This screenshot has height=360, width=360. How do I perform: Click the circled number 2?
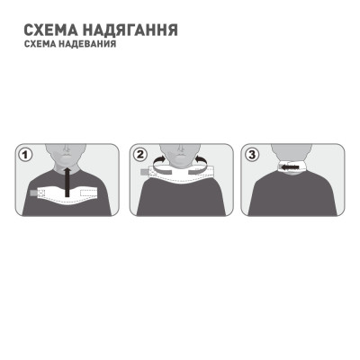click(139, 154)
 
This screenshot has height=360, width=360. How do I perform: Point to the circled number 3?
click(252, 154)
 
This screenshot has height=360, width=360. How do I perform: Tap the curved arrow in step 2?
click(158, 161)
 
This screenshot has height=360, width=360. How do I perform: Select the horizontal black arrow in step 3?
click(291, 167)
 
